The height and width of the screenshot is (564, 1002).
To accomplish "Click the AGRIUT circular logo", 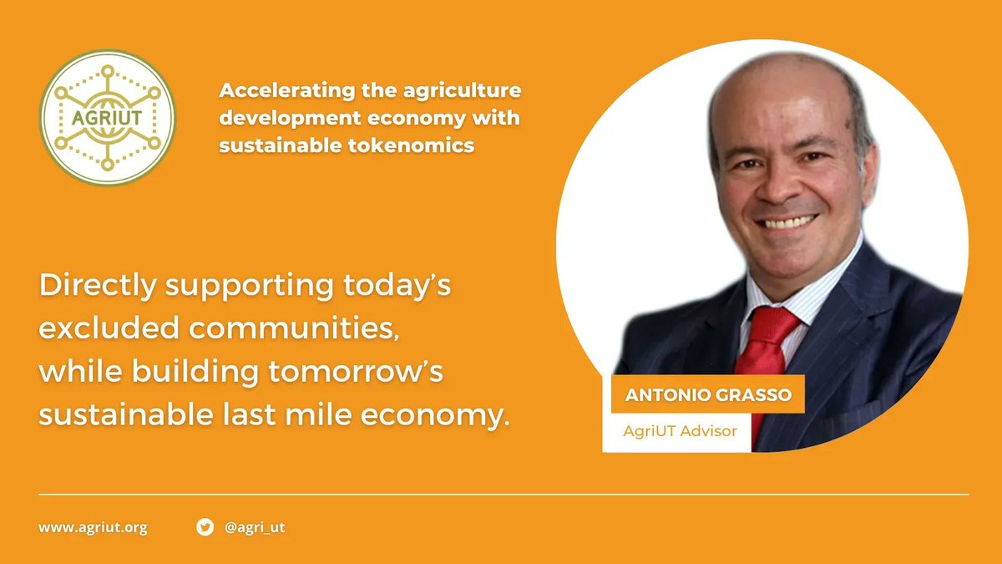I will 108,118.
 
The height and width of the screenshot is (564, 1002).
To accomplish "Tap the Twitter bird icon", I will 205,527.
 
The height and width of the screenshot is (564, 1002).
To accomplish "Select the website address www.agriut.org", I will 93,528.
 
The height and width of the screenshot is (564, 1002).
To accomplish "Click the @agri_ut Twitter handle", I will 256,528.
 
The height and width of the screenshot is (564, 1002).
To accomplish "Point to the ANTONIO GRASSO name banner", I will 707,394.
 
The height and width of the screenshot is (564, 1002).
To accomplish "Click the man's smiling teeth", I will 787,222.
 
